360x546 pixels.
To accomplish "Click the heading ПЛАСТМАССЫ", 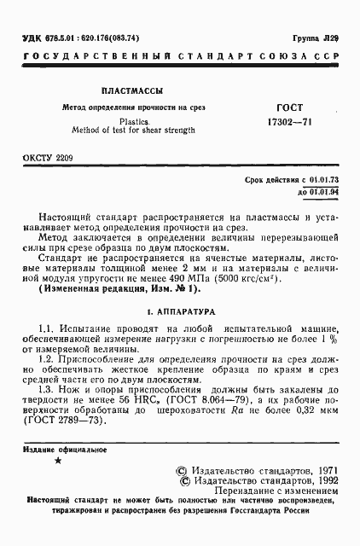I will point(129,90).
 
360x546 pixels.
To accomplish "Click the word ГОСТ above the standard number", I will point(289,108).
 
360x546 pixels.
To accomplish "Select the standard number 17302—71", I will point(290,123).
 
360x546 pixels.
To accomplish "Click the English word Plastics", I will point(132,121).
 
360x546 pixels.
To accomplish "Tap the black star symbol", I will point(57,460).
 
